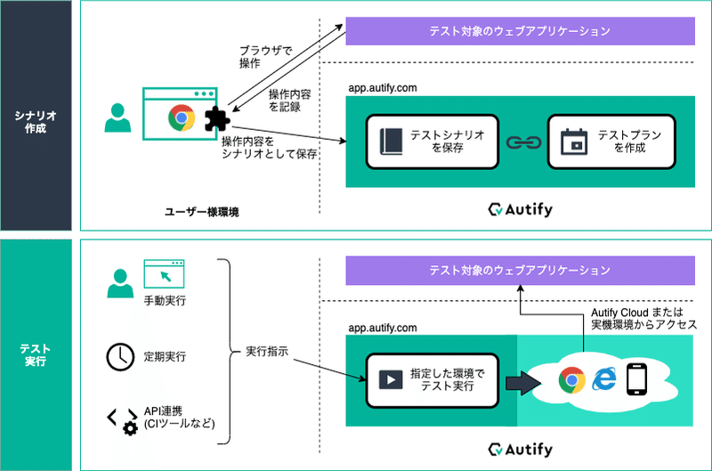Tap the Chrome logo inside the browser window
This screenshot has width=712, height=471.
pyautogui.click(x=181, y=117)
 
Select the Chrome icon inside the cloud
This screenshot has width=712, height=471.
pyautogui.click(x=570, y=380)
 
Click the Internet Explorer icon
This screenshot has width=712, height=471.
pyautogui.click(x=604, y=380)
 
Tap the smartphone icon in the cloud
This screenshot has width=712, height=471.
pyautogui.click(x=635, y=379)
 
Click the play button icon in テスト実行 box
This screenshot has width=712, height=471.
pyautogui.click(x=390, y=378)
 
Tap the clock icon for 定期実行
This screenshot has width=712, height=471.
pyautogui.click(x=117, y=356)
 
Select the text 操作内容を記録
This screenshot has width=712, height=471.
pyautogui.click(x=291, y=100)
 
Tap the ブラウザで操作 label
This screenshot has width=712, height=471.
pyautogui.click(x=263, y=56)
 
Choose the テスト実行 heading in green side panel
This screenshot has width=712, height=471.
pyautogui.click(x=36, y=354)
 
